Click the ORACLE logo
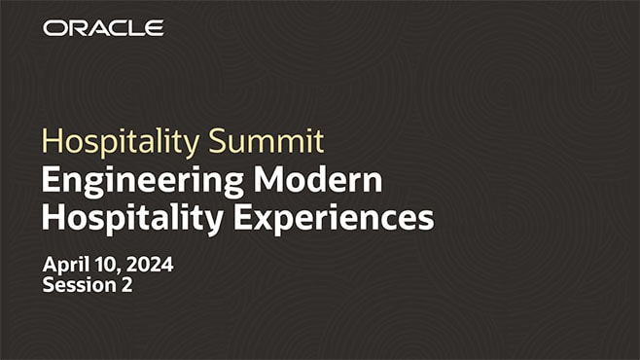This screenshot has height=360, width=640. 103,28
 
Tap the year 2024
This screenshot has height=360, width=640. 151,266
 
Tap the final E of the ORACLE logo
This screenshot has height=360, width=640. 156,28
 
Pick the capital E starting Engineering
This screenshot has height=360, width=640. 51,181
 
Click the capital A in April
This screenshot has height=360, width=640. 50,266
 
